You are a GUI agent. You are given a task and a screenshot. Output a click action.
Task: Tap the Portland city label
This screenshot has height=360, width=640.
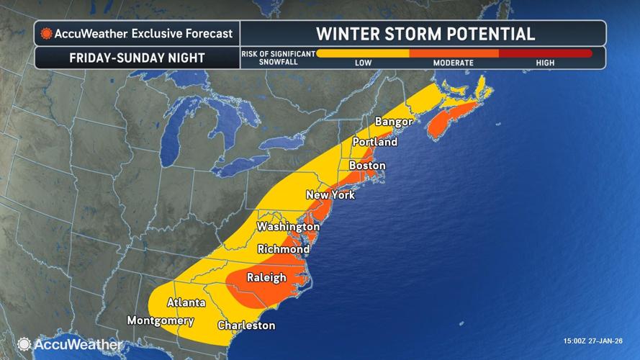click(x=374, y=142)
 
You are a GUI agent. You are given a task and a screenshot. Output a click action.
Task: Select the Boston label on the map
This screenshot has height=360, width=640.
click(x=366, y=166)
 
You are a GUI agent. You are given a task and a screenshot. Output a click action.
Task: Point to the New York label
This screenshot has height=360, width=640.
click(x=330, y=195)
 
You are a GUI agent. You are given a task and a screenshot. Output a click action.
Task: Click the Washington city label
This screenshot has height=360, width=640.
click(x=288, y=227)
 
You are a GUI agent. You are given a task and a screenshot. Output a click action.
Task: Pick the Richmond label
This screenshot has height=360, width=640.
click(x=284, y=249)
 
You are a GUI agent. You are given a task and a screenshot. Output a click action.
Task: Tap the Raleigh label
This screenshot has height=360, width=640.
click(x=266, y=277)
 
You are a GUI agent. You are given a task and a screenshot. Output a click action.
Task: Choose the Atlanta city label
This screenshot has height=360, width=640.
click(x=186, y=302)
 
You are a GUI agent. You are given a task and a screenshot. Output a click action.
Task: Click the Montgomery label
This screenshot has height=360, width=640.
click(x=160, y=320)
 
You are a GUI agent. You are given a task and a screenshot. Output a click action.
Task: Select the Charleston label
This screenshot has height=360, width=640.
click(x=246, y=325)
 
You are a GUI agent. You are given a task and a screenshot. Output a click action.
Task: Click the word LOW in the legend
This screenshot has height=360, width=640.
click(x=363, y=63)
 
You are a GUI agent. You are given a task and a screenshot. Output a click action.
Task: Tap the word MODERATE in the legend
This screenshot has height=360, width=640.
click(x=453, y=63)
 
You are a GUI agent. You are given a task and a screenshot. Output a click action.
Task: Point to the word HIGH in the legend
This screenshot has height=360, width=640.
click(x=545, y=63)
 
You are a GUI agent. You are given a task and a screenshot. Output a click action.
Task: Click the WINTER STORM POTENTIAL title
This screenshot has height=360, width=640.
click(x=424, y=33)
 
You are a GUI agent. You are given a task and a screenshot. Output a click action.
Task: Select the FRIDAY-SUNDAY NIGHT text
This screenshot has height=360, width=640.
click(x=137, y=58)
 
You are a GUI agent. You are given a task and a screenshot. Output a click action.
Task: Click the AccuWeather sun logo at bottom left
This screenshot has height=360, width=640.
click(x=24, y=344)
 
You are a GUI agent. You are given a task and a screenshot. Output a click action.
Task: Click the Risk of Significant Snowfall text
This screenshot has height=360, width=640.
click(x=277, y=58)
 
